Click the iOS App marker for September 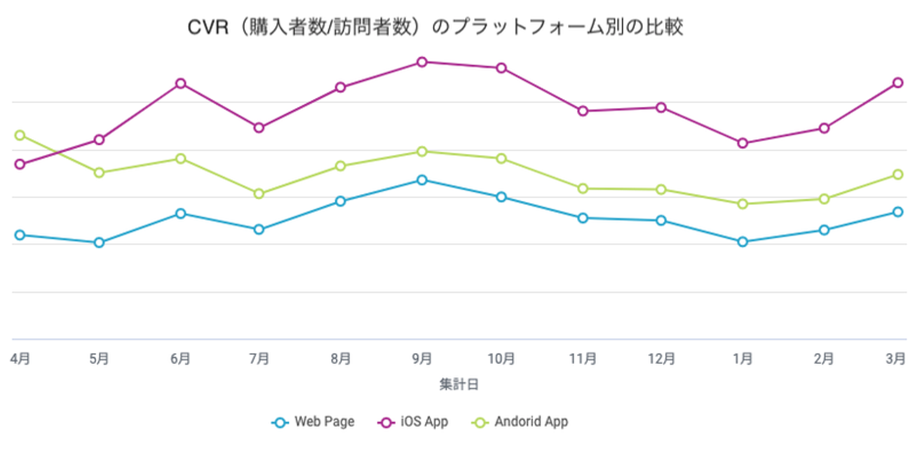tap(421, 62)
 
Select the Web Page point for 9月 tap(421, 180)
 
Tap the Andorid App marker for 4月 tap(20, 135)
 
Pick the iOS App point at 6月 tap(180, 83)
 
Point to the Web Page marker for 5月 tap(99, 242)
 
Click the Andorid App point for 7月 tap(259, 193)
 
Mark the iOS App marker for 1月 tap(742, 143)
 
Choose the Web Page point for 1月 tap(742, 242)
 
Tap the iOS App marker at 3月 tap(898, 83)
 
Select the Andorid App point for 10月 tap(501, 158)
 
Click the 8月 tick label tap(341, 359)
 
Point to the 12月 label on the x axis tap(661, 359)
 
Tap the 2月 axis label tap(824, 359)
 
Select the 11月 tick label tap(583, 359)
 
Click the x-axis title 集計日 tap(458, 384)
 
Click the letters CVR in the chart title tap(207, 28)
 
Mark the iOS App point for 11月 tap(583, 111)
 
